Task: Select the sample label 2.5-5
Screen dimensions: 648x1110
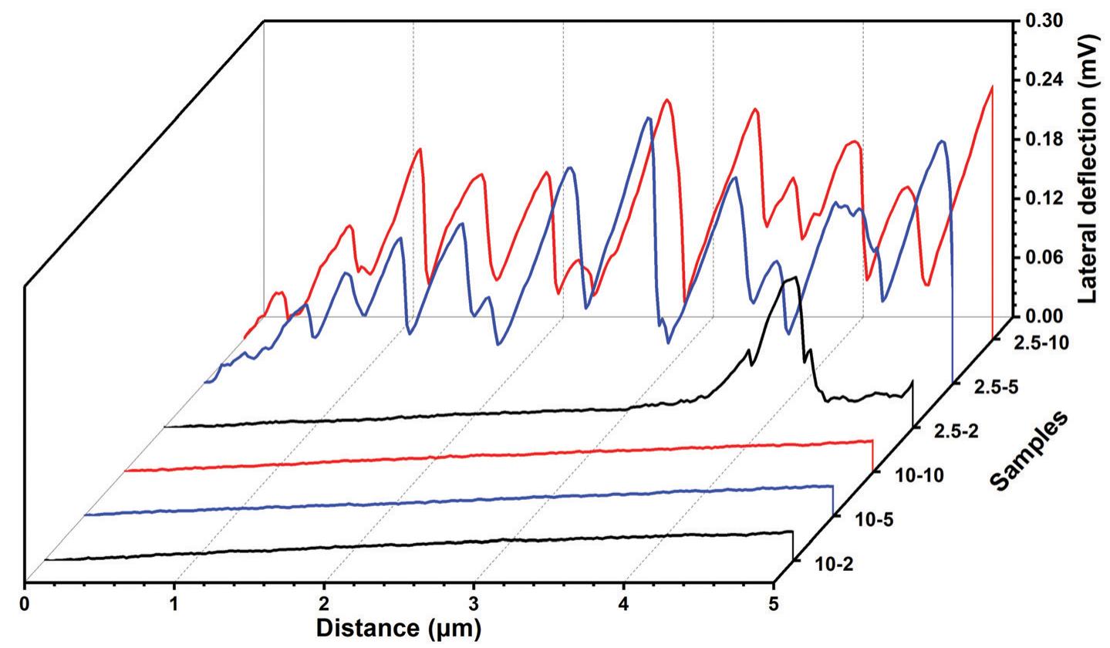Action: pyautogui.click(x=997, y=387)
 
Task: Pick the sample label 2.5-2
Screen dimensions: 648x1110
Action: pyautogui.click(x=957, y=431)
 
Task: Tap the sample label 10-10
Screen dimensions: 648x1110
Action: pyautogui.click(x=919, y=476)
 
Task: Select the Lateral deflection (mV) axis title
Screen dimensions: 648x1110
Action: pyautogui.click(x=1088, y=168)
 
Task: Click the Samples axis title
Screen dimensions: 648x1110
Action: pyautogui.click(x=1028, y=451)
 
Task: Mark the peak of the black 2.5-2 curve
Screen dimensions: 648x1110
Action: pyautogui.click(x=793, y=278)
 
